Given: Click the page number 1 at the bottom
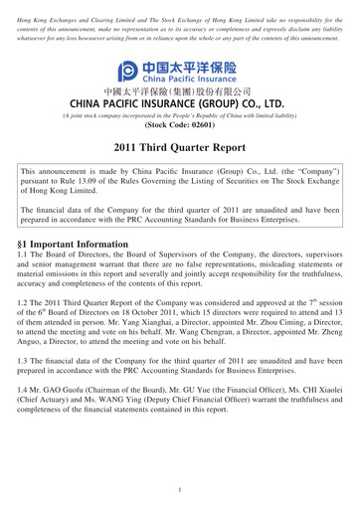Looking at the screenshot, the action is [x=180, y=490].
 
